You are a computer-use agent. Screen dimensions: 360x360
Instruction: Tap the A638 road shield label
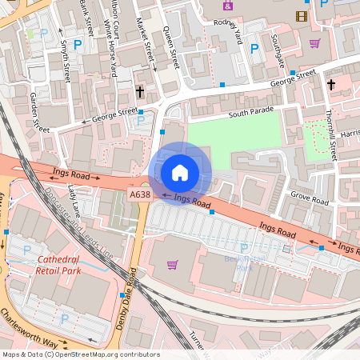pos(138,194)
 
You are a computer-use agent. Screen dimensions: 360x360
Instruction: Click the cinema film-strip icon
pos(301,15)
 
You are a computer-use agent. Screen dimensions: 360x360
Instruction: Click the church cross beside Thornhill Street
pos(330,84)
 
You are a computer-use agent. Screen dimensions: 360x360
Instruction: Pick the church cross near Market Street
pos(139,92)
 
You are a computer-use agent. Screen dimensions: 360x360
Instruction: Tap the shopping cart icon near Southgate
pos(314,43)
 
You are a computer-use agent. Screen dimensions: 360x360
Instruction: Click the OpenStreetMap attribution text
pos(80,354)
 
